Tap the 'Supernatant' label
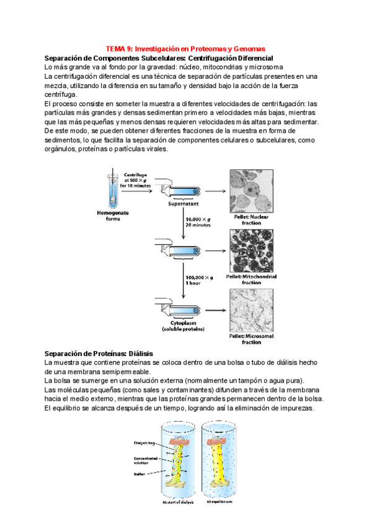tap(183, 203)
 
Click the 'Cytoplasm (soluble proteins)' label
tap(184, 325)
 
